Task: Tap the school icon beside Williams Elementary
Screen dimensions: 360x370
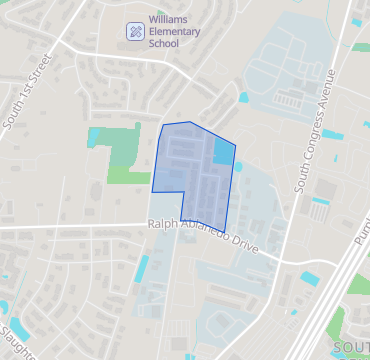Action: [134, 31]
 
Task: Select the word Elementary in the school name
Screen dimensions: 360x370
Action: [174, 31]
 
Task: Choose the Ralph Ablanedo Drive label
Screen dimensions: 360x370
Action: [203, 235]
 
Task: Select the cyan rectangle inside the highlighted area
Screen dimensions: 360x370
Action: [223, 151]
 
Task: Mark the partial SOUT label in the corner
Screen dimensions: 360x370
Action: [351, 347]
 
